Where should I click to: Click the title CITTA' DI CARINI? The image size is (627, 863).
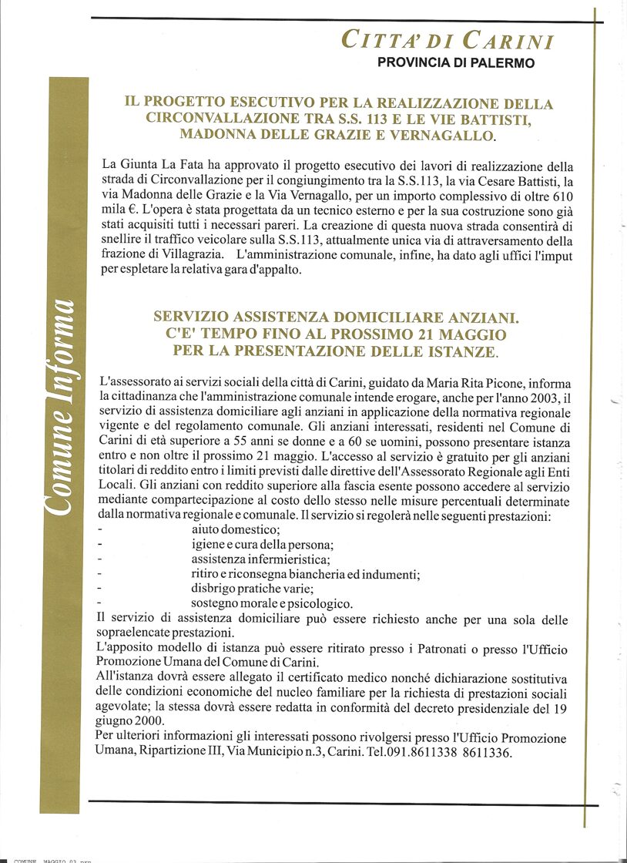(x=447, y=41)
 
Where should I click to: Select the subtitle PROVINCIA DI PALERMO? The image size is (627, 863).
(x=455, y=63)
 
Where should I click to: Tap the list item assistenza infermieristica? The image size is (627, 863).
(x=260, y=559)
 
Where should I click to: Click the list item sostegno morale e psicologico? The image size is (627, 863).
(x=272, y=603)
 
